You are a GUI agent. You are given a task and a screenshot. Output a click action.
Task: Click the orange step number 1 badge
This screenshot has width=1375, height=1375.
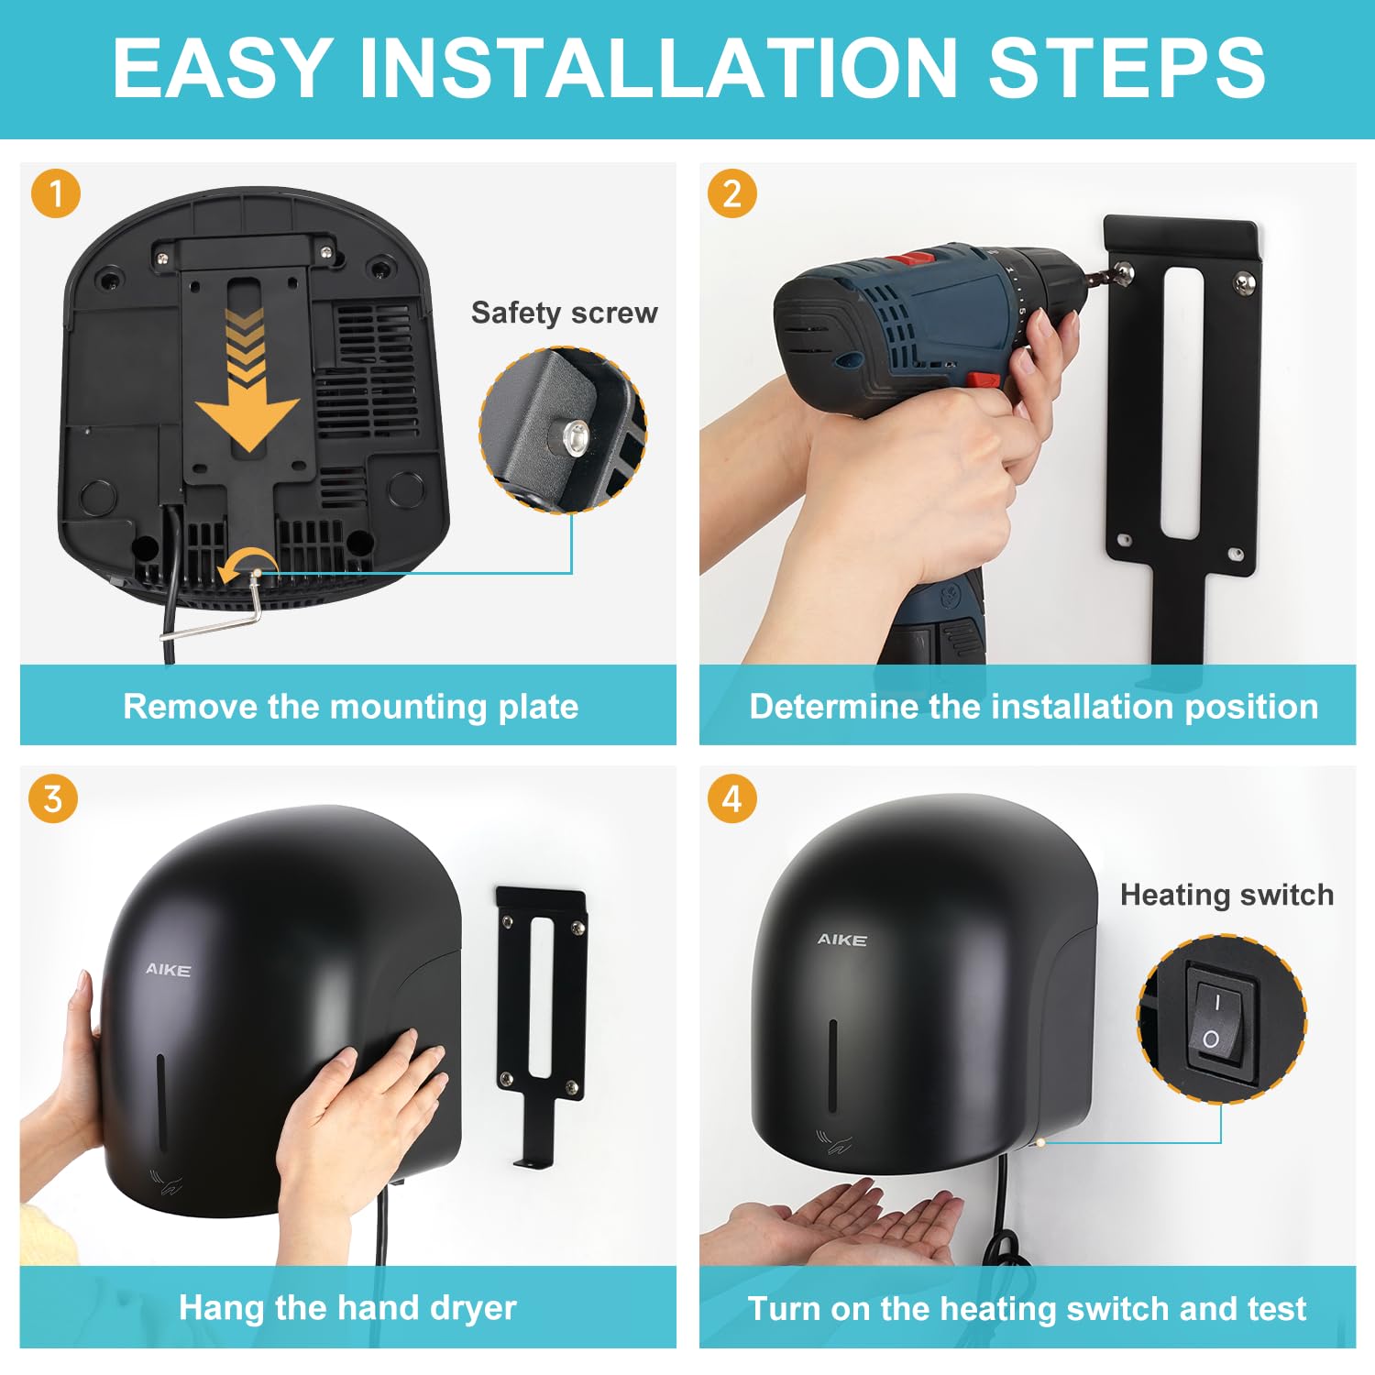(56, 194)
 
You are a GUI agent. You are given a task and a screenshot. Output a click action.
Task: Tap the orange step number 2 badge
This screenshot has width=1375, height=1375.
(731, 194)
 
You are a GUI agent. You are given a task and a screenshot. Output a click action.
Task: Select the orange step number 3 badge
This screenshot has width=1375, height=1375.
(53, 798)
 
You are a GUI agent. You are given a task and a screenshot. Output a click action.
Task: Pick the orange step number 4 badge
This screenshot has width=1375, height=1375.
(731, 798)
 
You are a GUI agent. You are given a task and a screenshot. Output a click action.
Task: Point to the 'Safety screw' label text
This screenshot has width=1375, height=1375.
(564, 313)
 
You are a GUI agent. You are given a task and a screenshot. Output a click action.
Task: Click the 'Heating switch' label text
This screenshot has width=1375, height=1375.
(1226, 895)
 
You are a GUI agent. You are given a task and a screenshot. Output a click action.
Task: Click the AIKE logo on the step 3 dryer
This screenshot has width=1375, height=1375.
(168, 970)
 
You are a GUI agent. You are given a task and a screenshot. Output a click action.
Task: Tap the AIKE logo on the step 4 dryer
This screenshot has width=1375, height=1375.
(841, 940)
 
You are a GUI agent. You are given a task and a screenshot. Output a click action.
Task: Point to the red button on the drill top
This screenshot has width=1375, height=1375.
(915, 258)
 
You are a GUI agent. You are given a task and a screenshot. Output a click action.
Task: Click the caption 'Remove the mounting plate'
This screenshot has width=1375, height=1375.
(350, 706)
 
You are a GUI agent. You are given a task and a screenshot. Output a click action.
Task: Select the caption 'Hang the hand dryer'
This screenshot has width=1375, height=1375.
(347, 1307)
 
